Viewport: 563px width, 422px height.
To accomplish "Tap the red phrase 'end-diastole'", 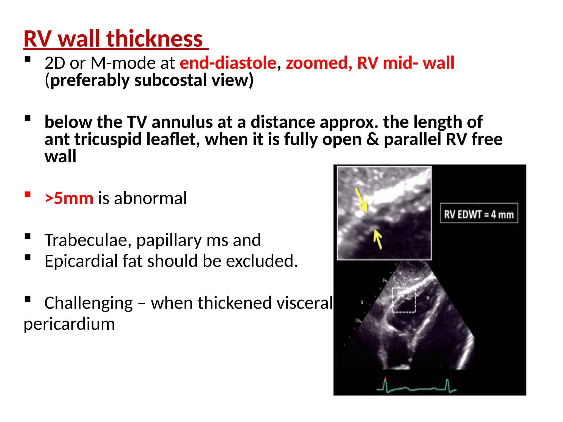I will [x=228, y=63].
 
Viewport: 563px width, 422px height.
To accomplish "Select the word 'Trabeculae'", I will [x=88, y=240].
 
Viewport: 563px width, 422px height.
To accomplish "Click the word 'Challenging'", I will [x=89, y=303].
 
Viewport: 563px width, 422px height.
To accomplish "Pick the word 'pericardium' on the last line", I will [x=69, y=324].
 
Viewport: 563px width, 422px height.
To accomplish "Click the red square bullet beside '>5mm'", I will [x=27, y=195].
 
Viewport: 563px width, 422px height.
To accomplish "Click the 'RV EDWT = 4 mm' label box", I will [x=479, y=213].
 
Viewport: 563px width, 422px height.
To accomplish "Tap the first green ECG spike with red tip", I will [x=385, y=384].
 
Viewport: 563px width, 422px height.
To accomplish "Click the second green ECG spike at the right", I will [x=447, y=385].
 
